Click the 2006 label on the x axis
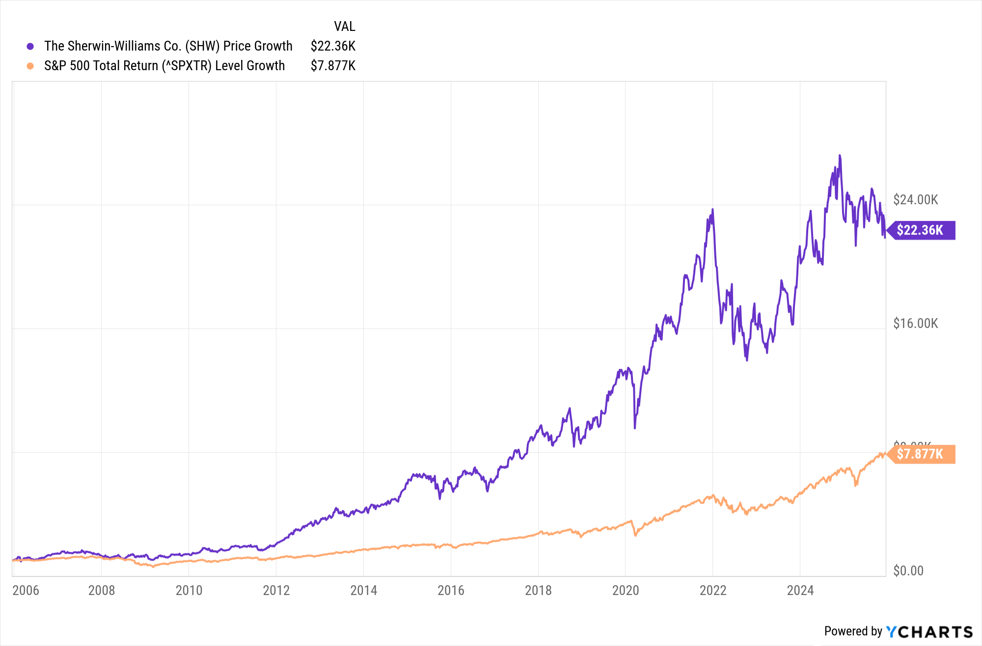pos(26,590)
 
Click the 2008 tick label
pos(101,590)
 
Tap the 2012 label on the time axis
pos(276,590)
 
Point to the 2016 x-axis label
pos(451,590)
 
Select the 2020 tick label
pos(626,590)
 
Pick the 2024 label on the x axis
pos(800,590)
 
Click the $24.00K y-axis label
pos(915,200)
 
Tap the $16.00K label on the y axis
pos(915,323)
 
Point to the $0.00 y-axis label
pos(908,571)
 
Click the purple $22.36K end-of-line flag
pos(922,230)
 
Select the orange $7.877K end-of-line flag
pos(922,454)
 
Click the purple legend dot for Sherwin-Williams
pos(30,46)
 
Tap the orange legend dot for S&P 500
pos(30,66)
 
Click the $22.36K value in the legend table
pos(333,46)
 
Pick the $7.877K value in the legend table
pos(333,66)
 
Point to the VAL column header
pos(344,26)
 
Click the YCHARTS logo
pos(929,632)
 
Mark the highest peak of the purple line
pos(840,156)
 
